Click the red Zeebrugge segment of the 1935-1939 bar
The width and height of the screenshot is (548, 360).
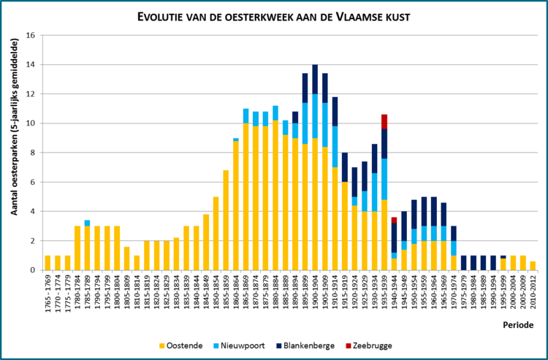coord(384,122)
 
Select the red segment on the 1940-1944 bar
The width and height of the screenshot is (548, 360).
coord(395,220)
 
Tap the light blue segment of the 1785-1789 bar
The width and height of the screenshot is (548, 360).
coord(88,223)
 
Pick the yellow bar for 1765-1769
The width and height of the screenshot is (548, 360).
coord(48,263)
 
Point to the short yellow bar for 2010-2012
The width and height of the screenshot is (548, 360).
coord(533,266)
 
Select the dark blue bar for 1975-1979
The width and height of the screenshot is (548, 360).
coord(463,263)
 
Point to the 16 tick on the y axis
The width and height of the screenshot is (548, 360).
coord(31,35)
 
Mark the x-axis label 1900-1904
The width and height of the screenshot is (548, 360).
coord(315,292)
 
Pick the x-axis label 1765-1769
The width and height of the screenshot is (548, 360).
coord(48,292)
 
